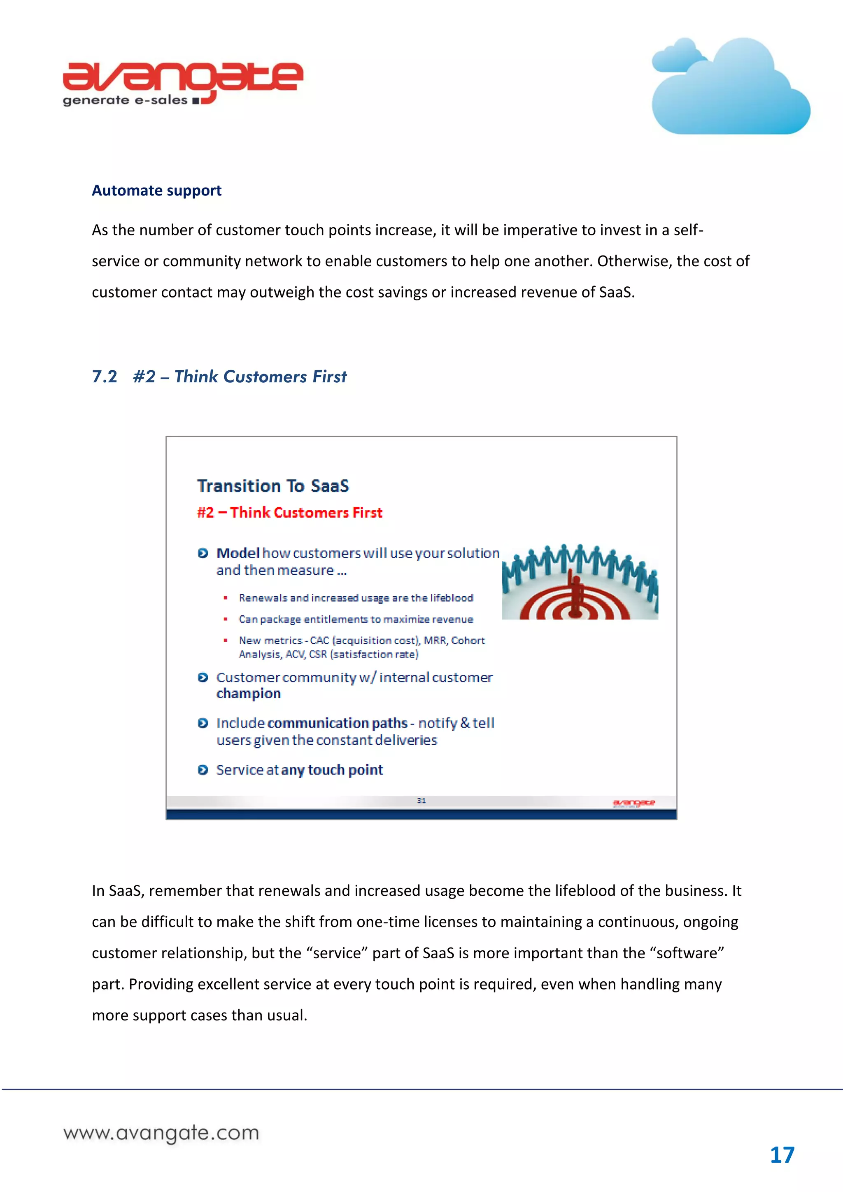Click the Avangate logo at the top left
pyautogui.click(x=182, y=83)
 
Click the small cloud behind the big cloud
pyautogui.click(x=678, y=56)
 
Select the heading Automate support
pyautogui.click(x=156, y=191)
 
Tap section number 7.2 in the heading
pyautogui.click(x=105, y=376)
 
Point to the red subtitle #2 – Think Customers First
pyautogui.click(x=289, y=513)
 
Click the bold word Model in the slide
pyautogui.click(x=238, y=553)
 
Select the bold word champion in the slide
pyautogui.click(x=248, y=694)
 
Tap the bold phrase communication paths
pyautogui.click(x=337, y=723)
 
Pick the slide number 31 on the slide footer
pyautogui.click(x=421, y=801)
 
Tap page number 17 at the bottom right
pyautogui.click(x=782, y=1155)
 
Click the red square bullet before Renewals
pyautogui.click(x=226, y=598)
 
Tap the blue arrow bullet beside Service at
pyautogui.click(x=203, y=769)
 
